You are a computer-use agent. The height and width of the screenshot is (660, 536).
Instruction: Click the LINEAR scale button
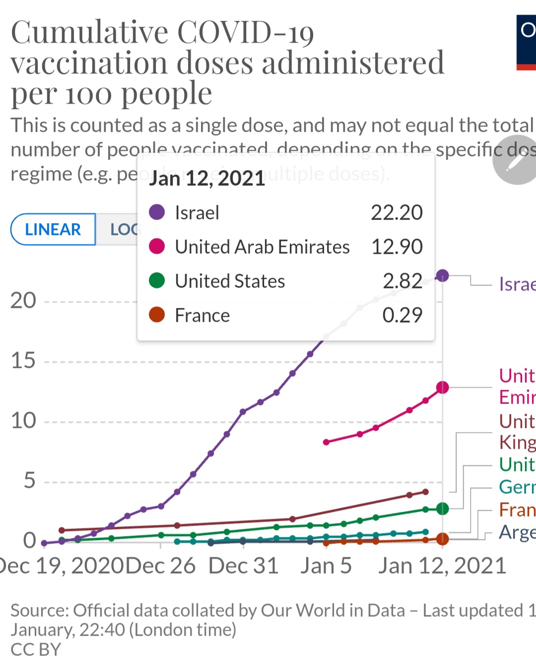coord(53,230)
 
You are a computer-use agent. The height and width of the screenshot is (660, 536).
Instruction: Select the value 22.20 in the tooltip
coord(397,213)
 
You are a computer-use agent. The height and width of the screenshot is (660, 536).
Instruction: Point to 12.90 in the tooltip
coord(397,247)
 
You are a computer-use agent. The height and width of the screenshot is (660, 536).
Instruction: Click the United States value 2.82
coord(402,281)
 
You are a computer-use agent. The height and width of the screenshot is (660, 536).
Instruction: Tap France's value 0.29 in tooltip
coord(402,315)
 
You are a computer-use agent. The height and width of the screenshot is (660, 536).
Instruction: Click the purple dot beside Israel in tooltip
coord(157,212)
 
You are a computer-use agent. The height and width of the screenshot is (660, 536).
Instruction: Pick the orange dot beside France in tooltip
coord(157,315)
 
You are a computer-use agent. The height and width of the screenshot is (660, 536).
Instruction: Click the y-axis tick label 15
coord(23,361)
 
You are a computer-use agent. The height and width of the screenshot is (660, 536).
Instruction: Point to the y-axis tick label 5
coord(29,481)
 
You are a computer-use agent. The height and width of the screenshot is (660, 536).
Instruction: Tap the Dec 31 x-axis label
coord(243,566)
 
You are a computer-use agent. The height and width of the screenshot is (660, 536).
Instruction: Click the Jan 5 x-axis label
coord(326,566)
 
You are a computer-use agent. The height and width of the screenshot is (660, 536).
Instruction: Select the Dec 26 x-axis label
coord(160,566)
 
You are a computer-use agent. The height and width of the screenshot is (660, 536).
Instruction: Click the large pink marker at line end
coord(442,387)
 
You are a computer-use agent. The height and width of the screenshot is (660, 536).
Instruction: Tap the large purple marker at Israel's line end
coord(442,276)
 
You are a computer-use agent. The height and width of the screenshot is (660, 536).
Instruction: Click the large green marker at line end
coord(442,509)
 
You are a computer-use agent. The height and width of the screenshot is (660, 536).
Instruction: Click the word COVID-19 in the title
coord(246,33)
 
